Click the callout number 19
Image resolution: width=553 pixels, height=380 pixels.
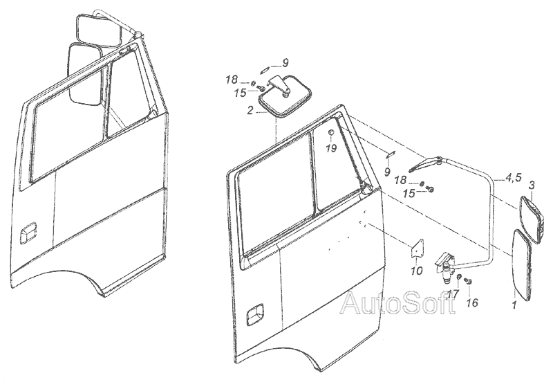(x=331, y=148)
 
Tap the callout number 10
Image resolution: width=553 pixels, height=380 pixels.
(x=417, y=271)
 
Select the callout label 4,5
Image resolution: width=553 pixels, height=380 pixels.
(x=514, y=178)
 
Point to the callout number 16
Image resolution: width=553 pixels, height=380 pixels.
(x=472, y=302)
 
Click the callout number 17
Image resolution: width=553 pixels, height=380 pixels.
(x=454, y=293)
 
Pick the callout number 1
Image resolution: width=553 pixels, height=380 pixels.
(x=514, y=305)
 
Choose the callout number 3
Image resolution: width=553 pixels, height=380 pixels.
(x=532, y=185)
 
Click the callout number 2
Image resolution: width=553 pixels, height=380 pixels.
(x=250, y=111)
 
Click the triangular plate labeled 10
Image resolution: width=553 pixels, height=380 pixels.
(x=418, y=248)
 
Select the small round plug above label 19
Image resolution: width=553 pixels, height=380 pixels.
(x=332, y=132)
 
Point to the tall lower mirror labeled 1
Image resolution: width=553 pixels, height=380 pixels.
(x=521, y=265)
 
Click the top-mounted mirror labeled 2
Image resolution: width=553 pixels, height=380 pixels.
(x=285, y=96)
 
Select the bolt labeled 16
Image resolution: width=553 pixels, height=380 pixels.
(x=469, y=281)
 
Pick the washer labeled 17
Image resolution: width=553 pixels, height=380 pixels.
(x=459, y=277)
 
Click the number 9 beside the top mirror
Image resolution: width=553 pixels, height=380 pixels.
(x=285, y=63)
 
